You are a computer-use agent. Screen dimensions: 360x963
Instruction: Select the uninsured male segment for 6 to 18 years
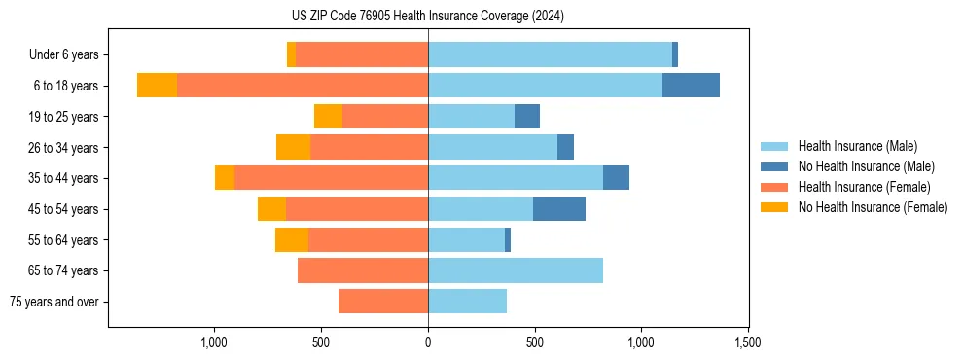pos(691,86)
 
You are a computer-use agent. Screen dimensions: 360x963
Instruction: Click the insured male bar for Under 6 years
pos(550,54)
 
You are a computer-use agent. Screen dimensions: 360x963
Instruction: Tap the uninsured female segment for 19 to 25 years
pos(328,117)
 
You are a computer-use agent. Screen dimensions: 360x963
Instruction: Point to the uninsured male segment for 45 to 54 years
pos(559,209)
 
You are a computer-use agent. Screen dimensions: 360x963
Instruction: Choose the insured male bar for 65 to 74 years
pos(516,270)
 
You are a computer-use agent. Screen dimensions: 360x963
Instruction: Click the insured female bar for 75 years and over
pos(383,302)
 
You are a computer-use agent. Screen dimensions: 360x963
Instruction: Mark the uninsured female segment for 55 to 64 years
pos(292,240)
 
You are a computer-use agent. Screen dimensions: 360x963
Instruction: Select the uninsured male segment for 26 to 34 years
pos(565,148)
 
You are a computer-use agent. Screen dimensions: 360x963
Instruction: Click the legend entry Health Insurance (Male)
pos(857,146)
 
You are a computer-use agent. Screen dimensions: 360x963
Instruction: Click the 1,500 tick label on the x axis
pos(747,342)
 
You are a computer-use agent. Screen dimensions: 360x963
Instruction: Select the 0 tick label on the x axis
pos(428,342)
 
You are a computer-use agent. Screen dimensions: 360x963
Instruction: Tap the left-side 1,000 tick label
pos(214,342)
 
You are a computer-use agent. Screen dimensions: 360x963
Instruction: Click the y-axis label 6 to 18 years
pos(65,86)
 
